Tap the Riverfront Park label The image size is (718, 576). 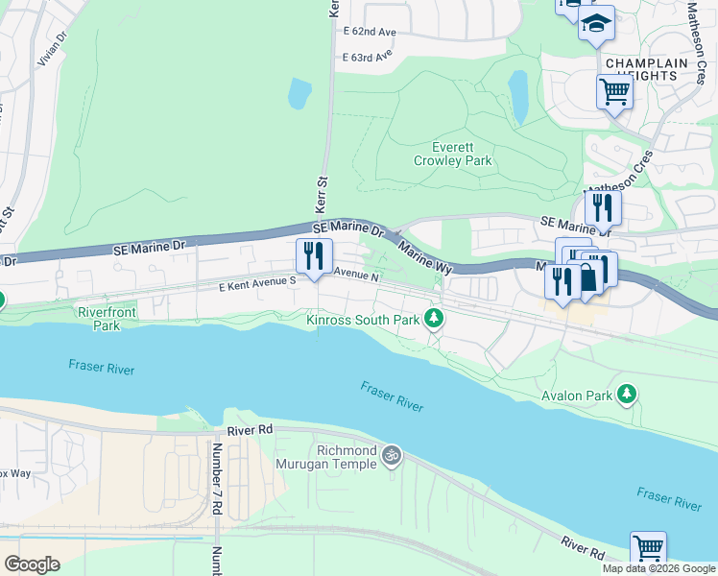pyautogui.click(x=100, y=319)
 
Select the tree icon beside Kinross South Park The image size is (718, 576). pyautogui.click(x=435, y=318)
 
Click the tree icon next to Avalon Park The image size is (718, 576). pyautogui.click(x=627, y=394)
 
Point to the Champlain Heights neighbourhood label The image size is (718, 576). pyautogui.click(x=646, y=69)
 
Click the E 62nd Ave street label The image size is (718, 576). pyautogui.click(x=369, y=32)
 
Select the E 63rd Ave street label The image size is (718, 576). pyautogui.click(x=369, y=58)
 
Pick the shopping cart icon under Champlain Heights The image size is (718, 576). pyautogui.click(x=614, y=92)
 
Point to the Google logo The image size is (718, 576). pyautogui.click(x=32, y=564)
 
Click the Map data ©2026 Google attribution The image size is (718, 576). pyautogui.click(x=659, y=568)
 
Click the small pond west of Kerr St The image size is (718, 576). pyautogui.click(x=299, y=94)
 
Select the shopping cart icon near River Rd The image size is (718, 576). pyautogui.click(x=648, y=549)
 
